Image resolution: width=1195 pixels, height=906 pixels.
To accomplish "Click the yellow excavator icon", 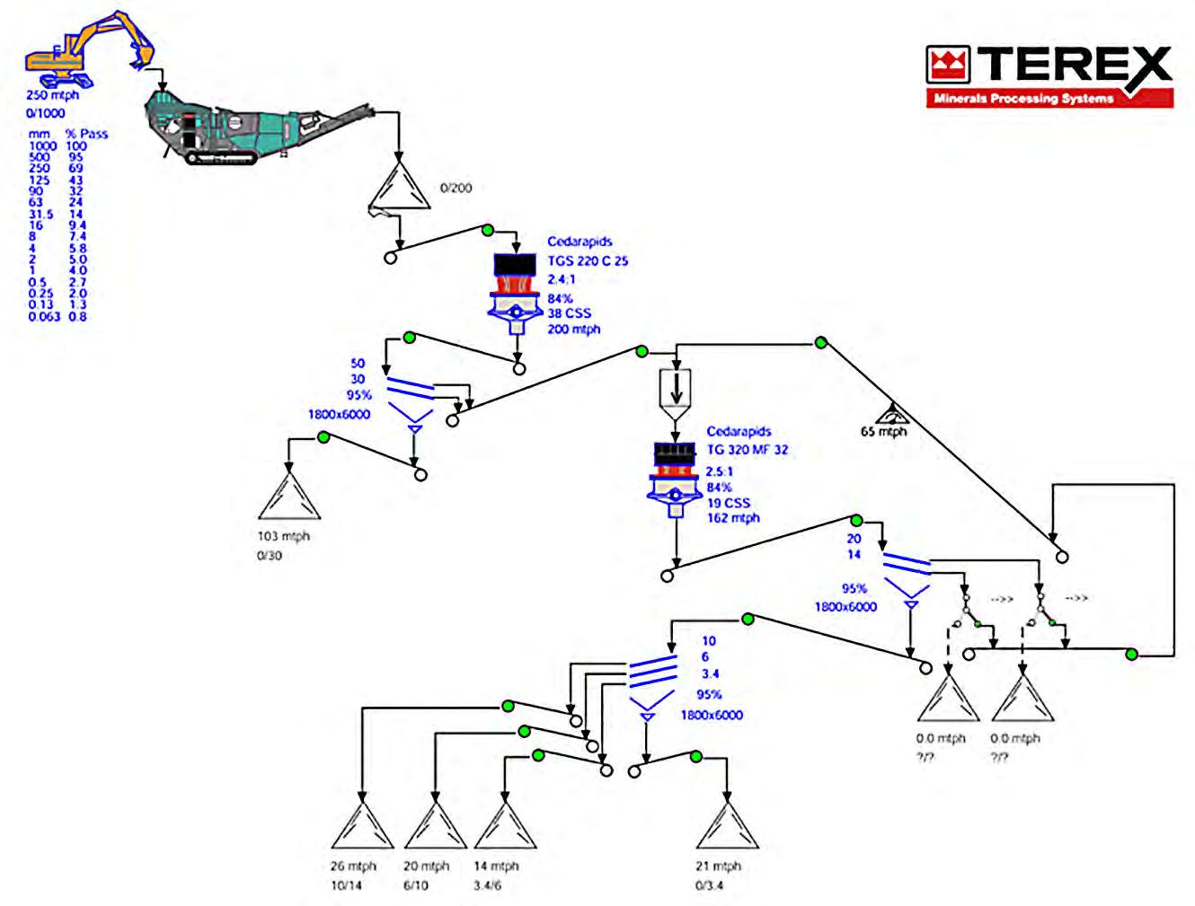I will point(86,47).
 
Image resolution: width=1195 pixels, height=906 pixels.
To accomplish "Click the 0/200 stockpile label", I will point(456,189).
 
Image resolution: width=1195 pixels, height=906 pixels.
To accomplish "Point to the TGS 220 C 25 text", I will point(588,261).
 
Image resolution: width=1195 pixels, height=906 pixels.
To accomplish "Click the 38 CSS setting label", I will point(570,313).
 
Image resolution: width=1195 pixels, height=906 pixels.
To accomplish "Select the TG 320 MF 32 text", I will point(747,450).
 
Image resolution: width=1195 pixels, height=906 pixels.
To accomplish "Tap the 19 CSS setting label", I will point(728,503).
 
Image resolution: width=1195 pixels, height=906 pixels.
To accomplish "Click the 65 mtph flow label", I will point(883,432).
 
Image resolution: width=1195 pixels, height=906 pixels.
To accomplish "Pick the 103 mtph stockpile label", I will point(283,537).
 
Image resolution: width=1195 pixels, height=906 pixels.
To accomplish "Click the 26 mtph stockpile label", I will point(353,866).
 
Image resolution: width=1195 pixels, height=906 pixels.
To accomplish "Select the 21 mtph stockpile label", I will point(719,866).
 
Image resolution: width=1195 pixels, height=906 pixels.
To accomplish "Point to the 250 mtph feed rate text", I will point(52,95).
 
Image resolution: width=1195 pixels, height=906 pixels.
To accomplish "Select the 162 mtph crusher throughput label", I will point(733,518).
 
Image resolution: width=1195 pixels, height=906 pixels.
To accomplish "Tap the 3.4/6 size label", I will point(487,885).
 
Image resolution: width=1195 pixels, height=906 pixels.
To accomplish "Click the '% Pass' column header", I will point(86,134).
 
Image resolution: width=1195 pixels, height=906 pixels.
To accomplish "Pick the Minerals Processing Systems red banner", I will point(1049,99).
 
